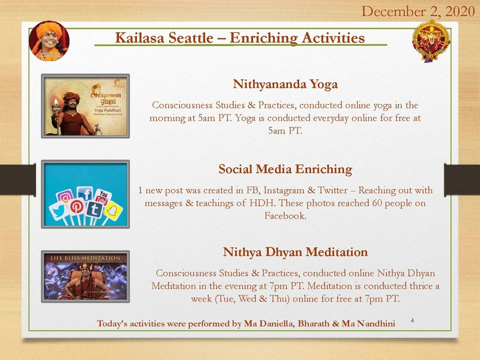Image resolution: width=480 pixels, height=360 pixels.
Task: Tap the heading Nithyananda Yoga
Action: click(285, 83)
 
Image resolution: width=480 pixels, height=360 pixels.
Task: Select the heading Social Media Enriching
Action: click(285, 169)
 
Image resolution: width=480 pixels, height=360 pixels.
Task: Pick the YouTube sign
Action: click(104, 197)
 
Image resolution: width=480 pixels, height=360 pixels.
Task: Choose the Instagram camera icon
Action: click(66, 197)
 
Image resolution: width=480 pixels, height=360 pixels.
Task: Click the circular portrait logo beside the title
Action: click(49, 40)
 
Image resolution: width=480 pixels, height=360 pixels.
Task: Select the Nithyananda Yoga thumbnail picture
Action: click(85, 106)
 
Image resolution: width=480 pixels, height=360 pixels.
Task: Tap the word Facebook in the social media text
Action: click(285, 215)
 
